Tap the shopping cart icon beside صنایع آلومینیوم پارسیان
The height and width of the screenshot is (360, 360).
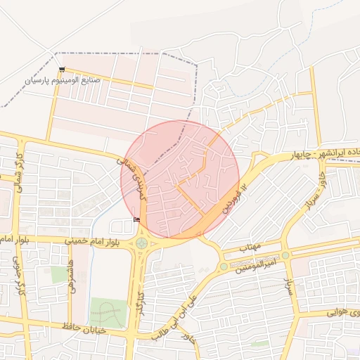click(x=62, y=69)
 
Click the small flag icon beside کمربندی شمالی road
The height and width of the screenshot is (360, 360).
click(x=136, y=219)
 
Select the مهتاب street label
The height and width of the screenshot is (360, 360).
click(x=250, y=247)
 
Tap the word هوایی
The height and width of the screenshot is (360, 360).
click(x=345, y=312)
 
